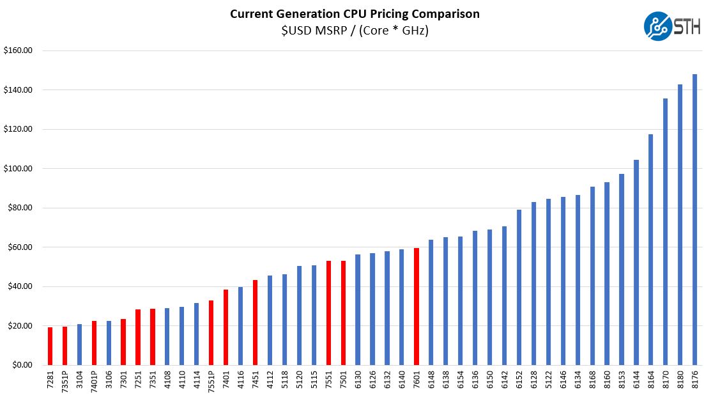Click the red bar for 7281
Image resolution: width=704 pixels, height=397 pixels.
50,346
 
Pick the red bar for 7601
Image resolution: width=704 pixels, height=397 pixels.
417,306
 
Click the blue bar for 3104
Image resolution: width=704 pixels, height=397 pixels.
79,345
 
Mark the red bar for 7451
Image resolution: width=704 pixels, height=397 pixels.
255,322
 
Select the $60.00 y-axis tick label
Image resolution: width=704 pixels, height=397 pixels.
19,247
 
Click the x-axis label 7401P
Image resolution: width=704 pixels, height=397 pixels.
94,382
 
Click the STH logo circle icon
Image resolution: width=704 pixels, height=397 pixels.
658,26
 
